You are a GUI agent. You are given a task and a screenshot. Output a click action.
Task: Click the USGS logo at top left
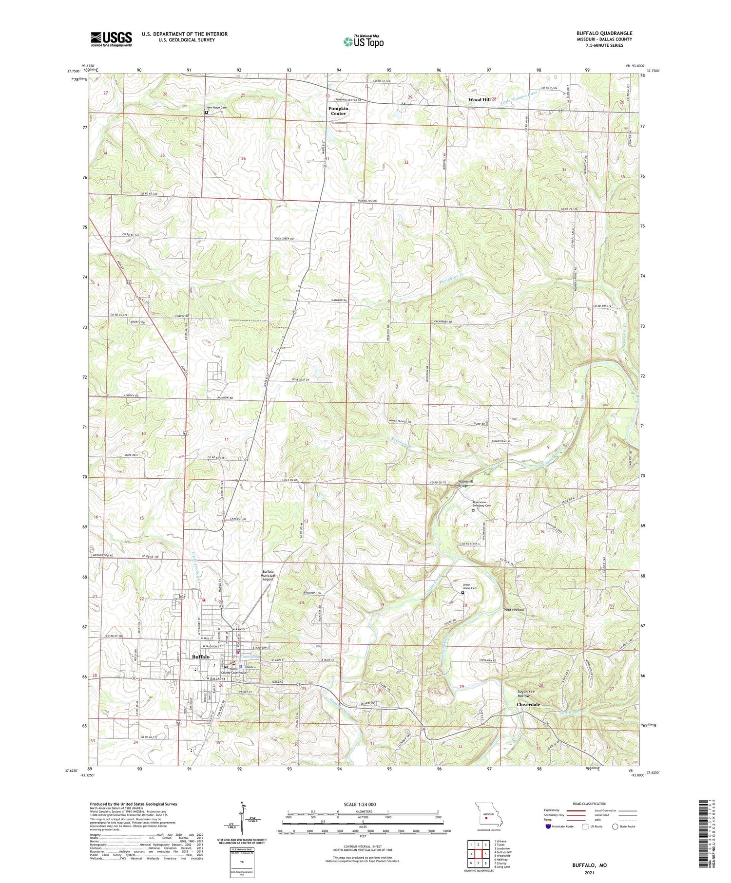pos(111,39)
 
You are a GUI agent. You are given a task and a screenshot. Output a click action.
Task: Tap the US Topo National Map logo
pos(364,42)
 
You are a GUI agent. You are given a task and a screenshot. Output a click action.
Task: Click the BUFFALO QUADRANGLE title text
pos(604,33)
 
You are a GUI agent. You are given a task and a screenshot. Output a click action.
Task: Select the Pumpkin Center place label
pos(338,111)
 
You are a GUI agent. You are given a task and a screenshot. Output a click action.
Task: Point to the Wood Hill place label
pos(479,100)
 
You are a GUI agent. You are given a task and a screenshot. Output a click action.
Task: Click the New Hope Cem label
pos(216,108)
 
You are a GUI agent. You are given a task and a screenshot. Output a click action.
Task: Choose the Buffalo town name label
pos(201,657)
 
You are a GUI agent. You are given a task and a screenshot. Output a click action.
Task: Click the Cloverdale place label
pos(528,705)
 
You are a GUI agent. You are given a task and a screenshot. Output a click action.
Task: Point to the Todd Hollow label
pos(514,610)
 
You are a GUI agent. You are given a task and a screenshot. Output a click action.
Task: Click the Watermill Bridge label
pos(465,484)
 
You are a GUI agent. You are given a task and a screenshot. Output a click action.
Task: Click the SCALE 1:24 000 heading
pos(363,804)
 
